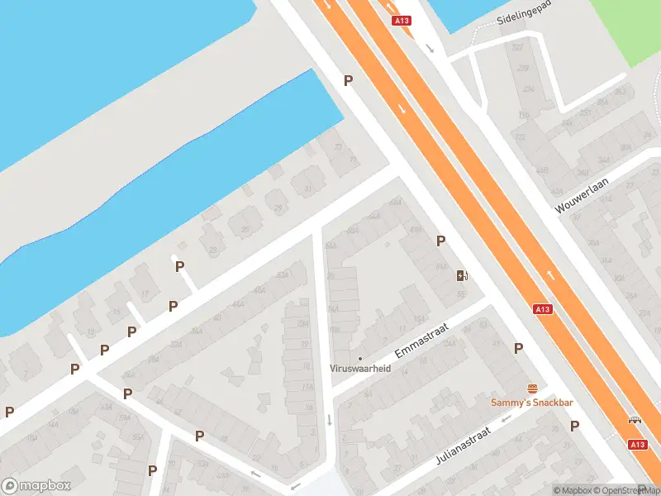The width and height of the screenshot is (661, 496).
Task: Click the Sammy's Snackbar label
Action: tap(532, 403)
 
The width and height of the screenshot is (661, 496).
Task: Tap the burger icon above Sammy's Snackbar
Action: tap(533, 389)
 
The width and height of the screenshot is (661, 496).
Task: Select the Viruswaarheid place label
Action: tap(359, 368)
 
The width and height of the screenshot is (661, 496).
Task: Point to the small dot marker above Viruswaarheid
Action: tap(359, 358)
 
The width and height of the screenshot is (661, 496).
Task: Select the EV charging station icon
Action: tap(462, 275)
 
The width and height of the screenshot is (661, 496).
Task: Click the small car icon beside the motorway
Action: tap(635, 420)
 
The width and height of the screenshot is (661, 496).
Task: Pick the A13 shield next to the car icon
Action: tap(636, 444)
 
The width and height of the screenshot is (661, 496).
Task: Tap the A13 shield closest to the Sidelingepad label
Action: tap(402, 21)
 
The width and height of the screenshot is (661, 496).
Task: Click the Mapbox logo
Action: tap(36, 486)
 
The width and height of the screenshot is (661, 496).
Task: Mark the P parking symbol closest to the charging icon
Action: tap(441, 241)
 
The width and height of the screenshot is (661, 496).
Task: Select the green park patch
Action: tap(628, 29)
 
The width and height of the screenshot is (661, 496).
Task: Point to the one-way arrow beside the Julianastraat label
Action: tap(505, 417)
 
